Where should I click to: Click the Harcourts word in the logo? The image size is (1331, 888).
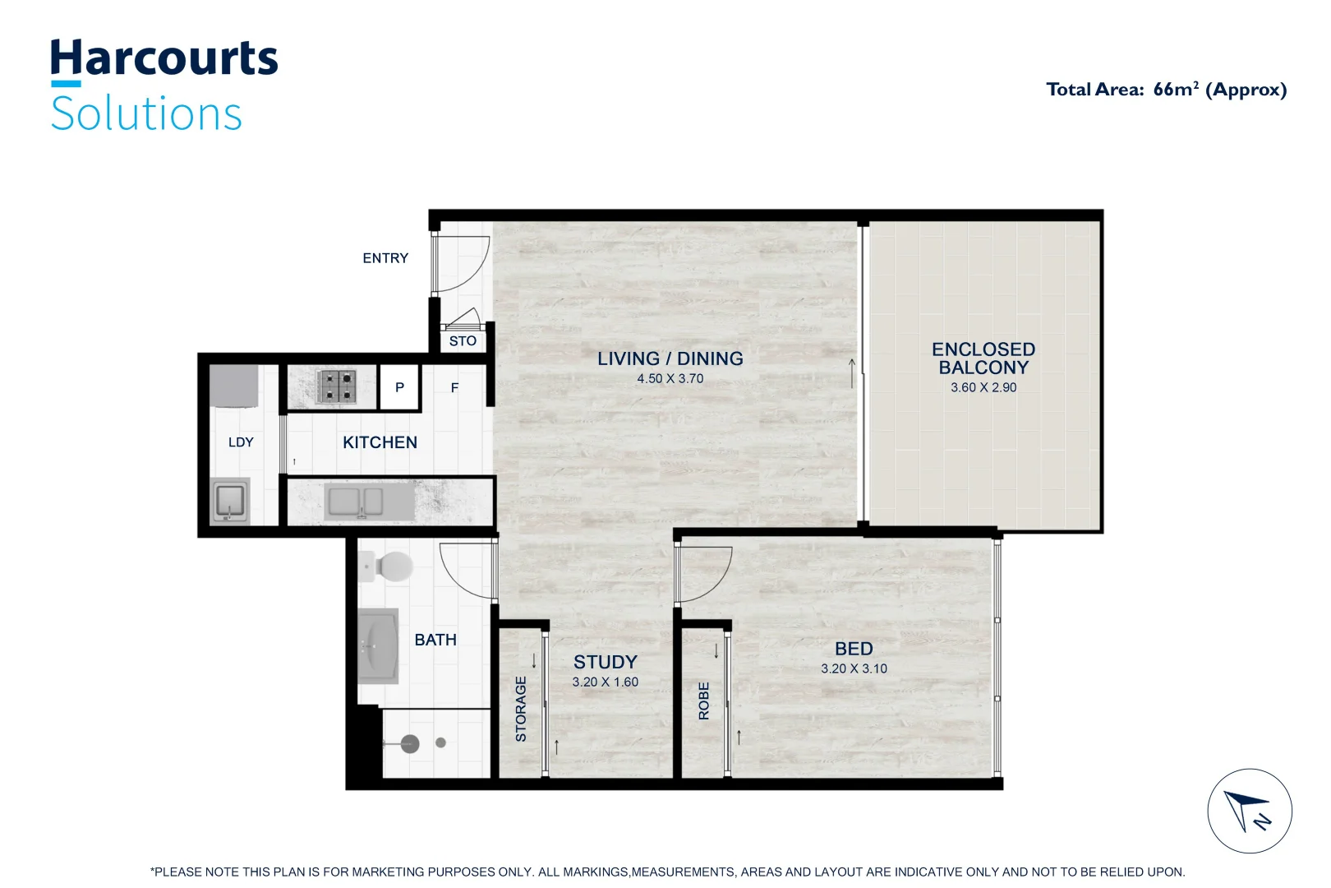(x=163, y=58)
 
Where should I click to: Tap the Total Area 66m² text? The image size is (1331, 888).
(x=1166, y=90)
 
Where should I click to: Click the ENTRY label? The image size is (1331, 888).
(x=385, y=258)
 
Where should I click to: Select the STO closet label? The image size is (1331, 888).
(x=463, y=340)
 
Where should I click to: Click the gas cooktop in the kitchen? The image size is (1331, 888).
(x=337, y=386)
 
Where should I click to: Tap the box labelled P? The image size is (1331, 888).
(x=399, y=387)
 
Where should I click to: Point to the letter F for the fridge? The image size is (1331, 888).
(x=454, y=387)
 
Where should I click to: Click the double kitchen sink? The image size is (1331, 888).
(x=354, y=502)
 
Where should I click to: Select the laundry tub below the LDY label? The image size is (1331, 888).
(x=229, y=500)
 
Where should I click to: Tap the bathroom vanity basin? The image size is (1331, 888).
(x=378, y=645)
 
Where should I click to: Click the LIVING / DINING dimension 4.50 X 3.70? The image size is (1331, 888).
(x=670, y=379)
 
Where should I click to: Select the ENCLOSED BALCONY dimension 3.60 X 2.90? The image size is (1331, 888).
(x=983, y=387)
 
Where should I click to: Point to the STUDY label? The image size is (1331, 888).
(x=605, y=662)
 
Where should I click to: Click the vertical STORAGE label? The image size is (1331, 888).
(x=520, y=709)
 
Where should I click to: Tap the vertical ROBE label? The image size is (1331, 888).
(x=703, y=701)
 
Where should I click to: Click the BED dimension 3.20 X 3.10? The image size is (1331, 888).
(x=854, y=668)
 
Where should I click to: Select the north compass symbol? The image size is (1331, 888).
(x=1249, y=811)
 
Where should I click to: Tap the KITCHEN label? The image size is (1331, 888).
(x=380, y=442)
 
